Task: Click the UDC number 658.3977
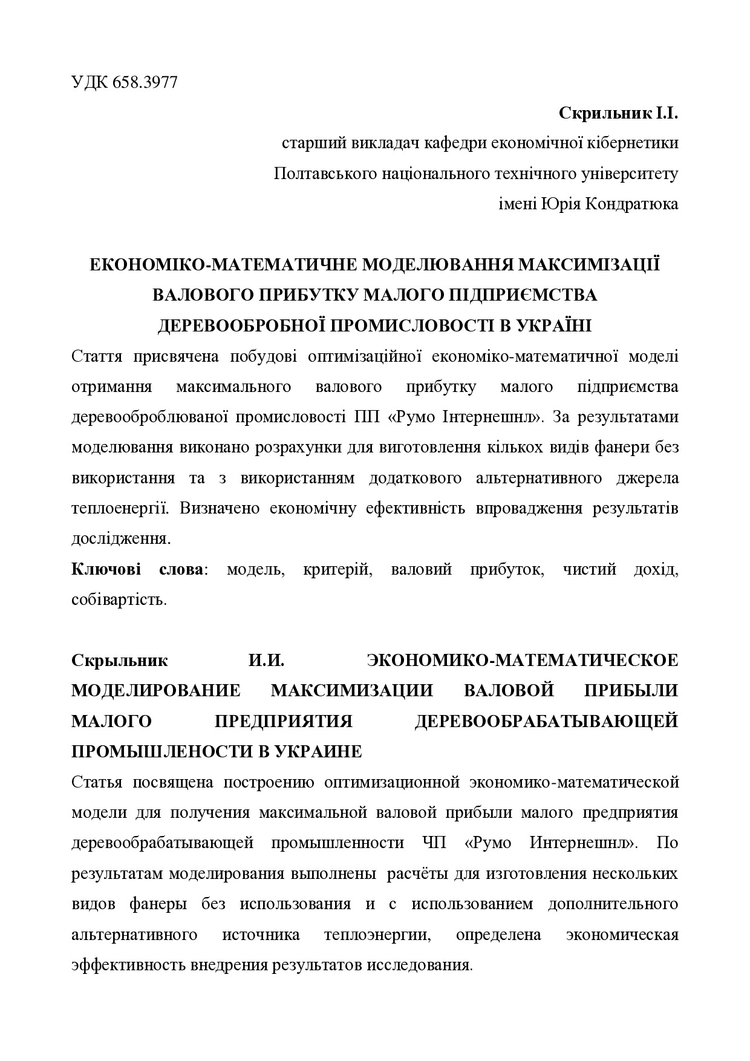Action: pos(145,83)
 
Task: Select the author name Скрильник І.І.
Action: pos(618,113)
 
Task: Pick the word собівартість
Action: pos(119,600)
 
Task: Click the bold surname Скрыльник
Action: pos(120,661)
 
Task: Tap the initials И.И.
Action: pos(266,661)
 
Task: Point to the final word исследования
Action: pos(418,965)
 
